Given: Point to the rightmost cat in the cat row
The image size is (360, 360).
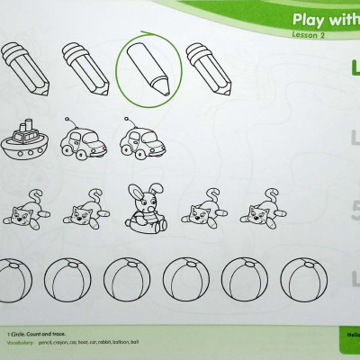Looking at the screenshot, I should click(x=258, y=210).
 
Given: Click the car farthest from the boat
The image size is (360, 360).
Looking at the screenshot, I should click(x=140, y=139).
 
